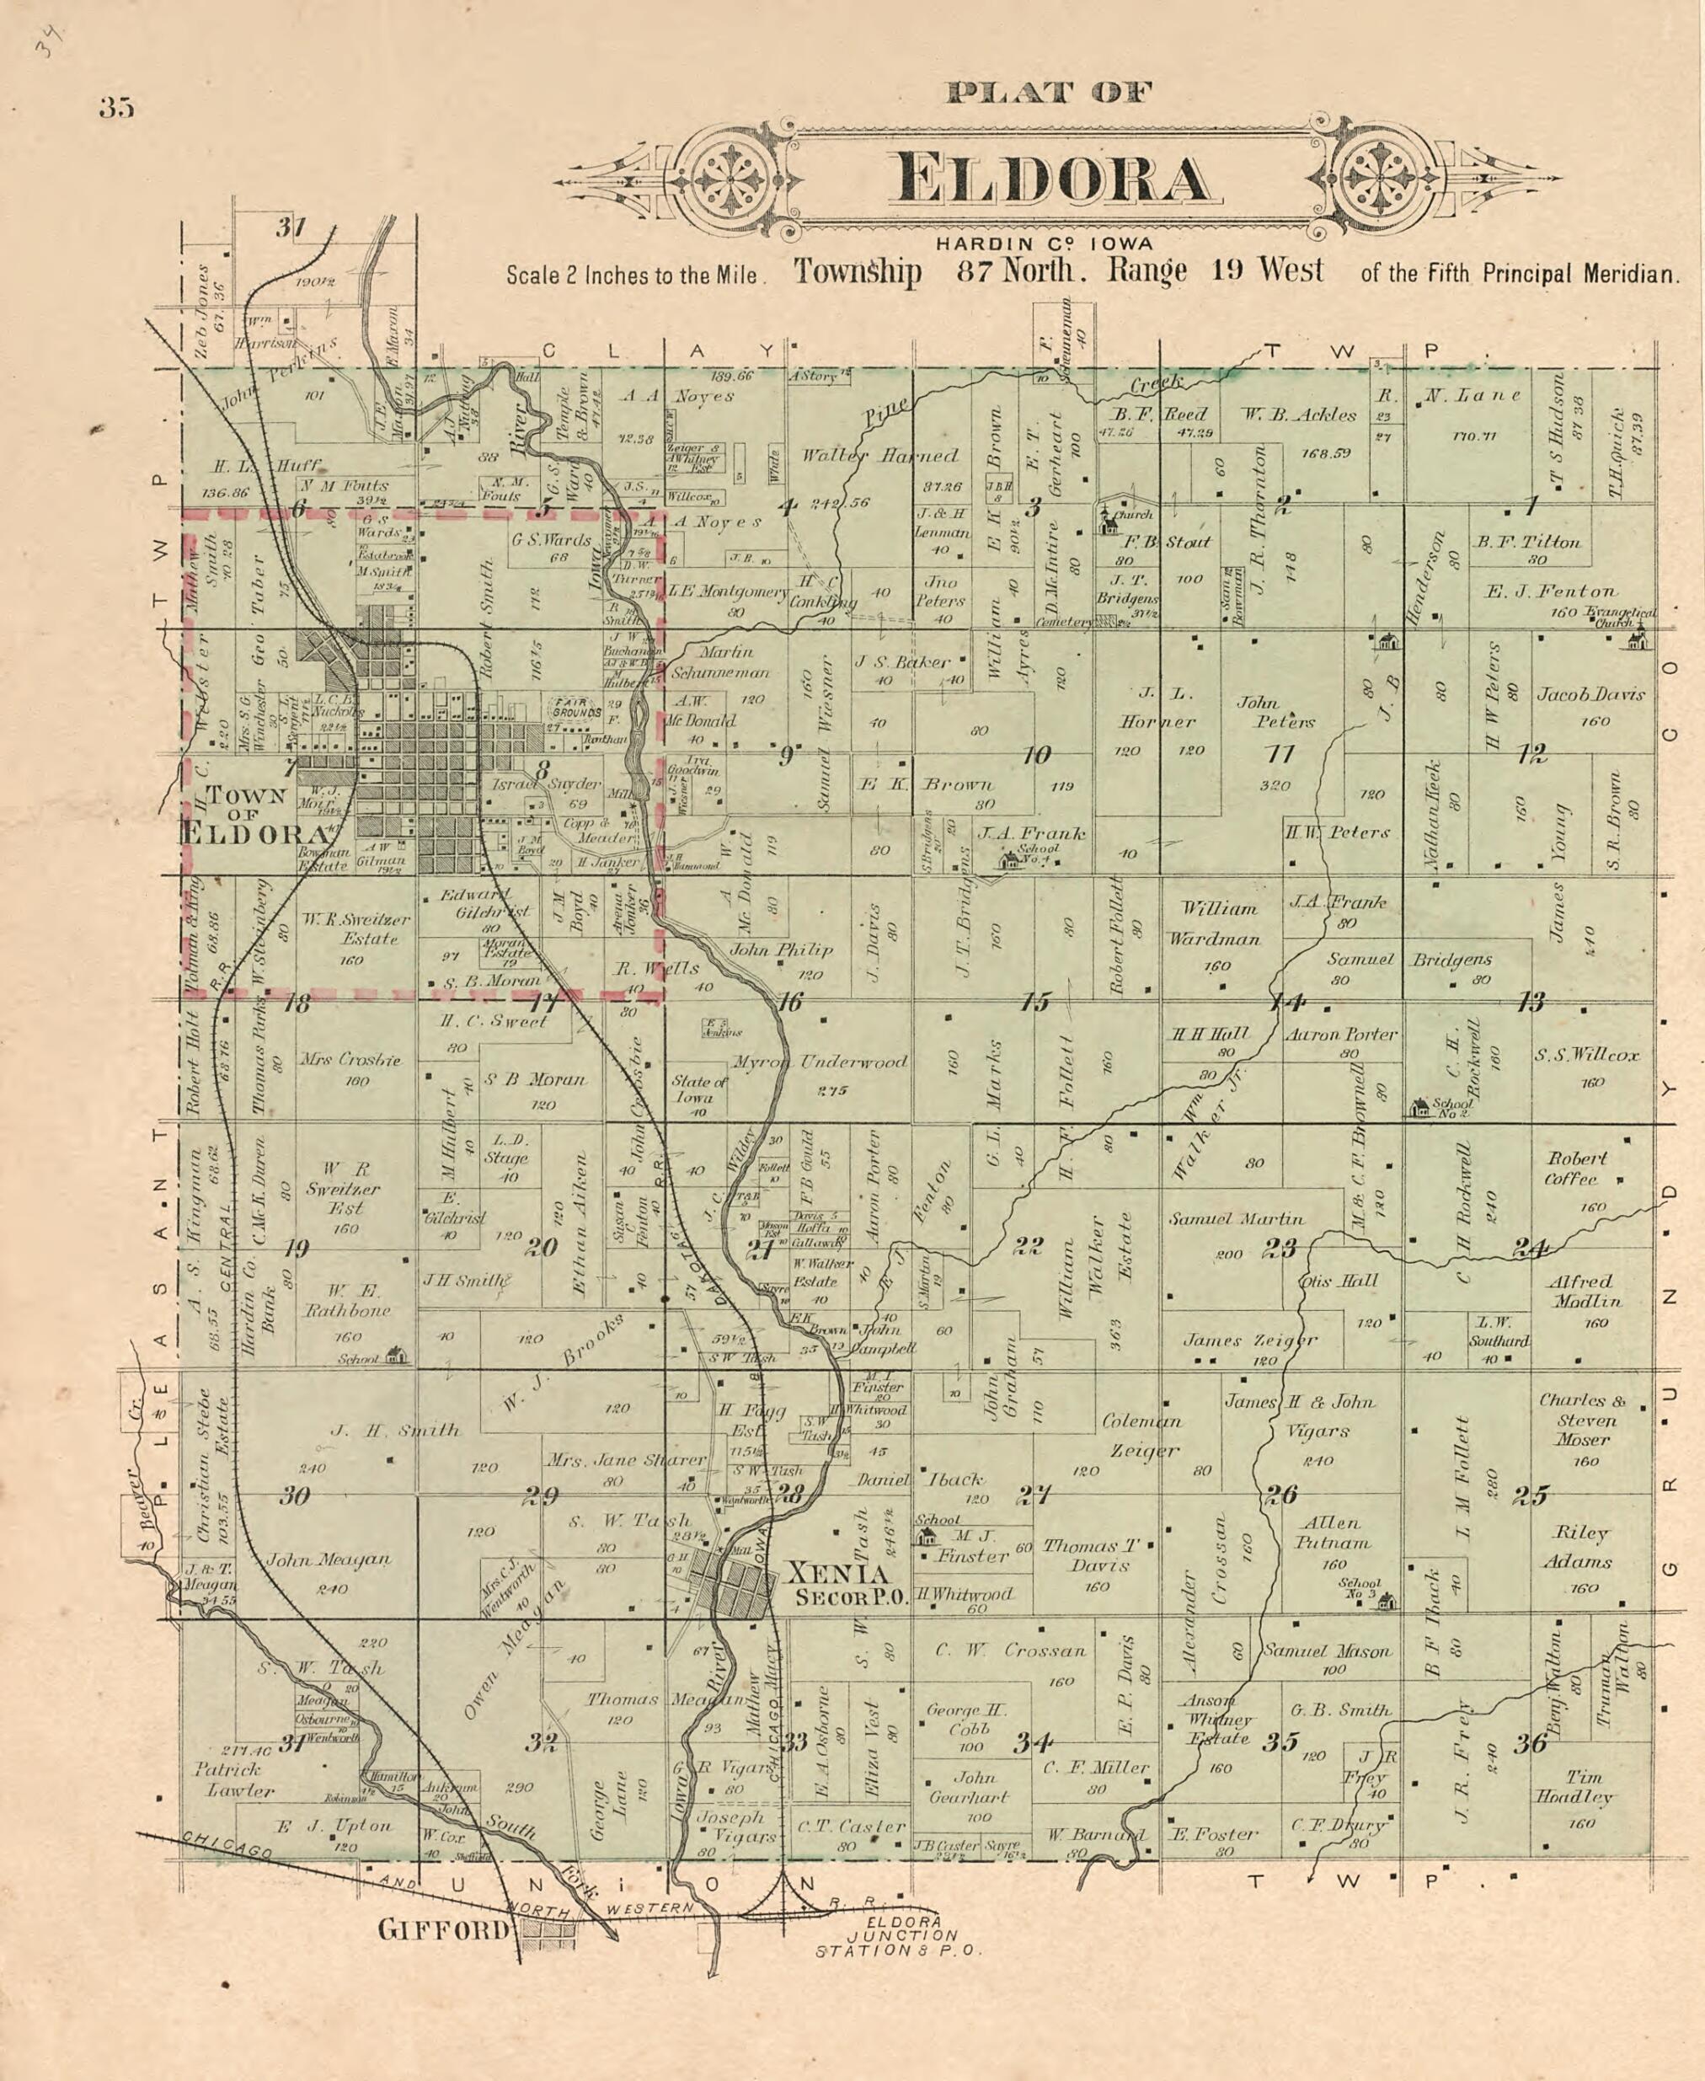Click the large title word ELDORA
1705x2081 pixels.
1051,179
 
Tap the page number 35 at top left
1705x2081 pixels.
116,108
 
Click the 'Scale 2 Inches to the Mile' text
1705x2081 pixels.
633,276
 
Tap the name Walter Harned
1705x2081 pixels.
879,456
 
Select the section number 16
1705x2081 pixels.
789,1002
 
